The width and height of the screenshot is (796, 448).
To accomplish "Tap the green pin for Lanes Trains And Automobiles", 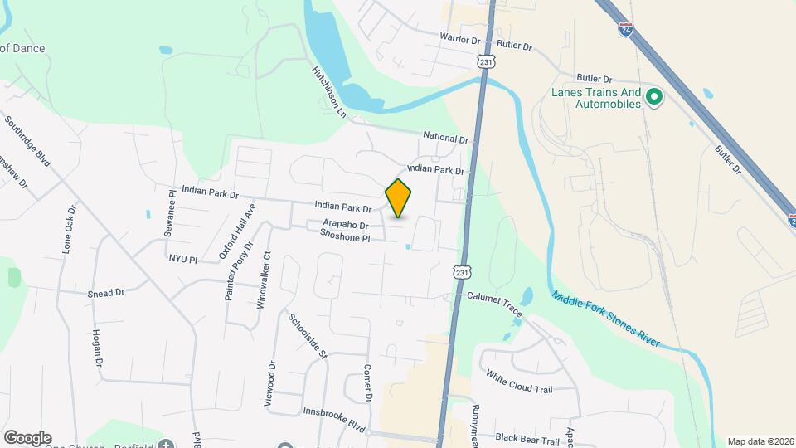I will (653, 98).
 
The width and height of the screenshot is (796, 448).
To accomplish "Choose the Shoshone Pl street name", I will (344, 237).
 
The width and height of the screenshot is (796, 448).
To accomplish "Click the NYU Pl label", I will (183, 260).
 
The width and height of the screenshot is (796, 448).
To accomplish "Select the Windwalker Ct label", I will (262, 280).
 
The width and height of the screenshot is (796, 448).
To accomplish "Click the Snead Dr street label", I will (106, 293).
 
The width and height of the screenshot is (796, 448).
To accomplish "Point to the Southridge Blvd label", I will (28, 141).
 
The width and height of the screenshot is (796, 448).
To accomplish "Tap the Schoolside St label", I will (308, 335).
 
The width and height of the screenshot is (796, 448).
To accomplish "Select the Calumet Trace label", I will (494, 303).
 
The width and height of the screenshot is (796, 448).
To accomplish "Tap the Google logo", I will (27, 438).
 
